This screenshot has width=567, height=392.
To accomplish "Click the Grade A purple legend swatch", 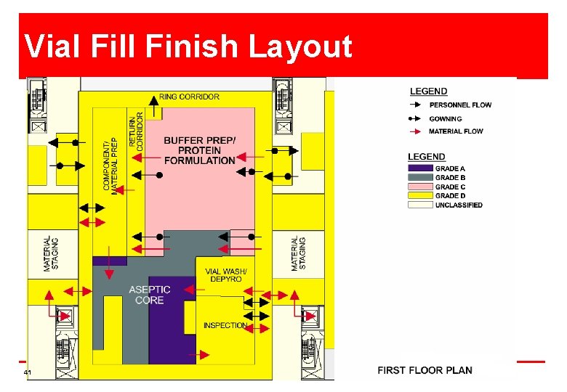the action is (420, 168).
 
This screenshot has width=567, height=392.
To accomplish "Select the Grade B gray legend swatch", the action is (420, 177).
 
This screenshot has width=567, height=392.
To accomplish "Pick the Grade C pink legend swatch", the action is (420, 187).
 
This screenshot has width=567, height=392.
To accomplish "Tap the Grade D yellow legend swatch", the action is (420, 196).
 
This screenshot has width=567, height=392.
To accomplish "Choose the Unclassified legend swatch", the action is (420, 205).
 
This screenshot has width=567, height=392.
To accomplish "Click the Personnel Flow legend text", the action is (460, 105).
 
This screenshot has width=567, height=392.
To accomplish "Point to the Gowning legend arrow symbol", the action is (414, 118).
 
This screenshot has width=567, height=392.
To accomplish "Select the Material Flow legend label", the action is (456, 131).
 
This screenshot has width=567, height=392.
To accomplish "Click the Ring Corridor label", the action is (189, 97).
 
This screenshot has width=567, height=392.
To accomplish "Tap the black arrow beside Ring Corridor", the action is (154, 106).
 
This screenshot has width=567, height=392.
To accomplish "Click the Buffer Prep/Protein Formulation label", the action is (200, 150).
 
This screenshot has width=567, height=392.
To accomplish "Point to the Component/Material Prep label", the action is (110, 166).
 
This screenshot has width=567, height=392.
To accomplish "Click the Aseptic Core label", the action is (150, 295).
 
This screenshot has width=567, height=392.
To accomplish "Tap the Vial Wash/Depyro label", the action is (226, 275).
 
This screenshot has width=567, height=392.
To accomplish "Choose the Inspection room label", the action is (225, 326).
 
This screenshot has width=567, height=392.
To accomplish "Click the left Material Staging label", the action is (50, 254).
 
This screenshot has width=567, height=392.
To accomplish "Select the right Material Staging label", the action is (298, 254).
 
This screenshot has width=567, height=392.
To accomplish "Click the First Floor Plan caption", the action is (425, 370).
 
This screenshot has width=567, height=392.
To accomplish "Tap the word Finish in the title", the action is (191, 46).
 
